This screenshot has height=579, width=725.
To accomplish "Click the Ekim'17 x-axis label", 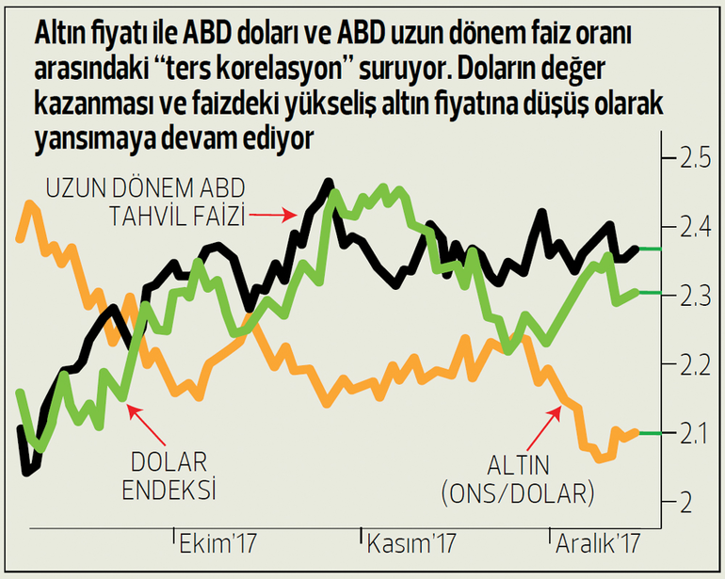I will point(218,544).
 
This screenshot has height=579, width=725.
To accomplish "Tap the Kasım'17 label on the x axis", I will point(411,544).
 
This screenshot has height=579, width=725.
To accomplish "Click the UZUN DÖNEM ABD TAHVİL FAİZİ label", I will point(142,203).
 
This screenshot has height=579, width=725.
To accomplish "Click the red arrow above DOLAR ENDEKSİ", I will point(146,424).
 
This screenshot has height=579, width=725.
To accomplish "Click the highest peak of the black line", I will point(329,182).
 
